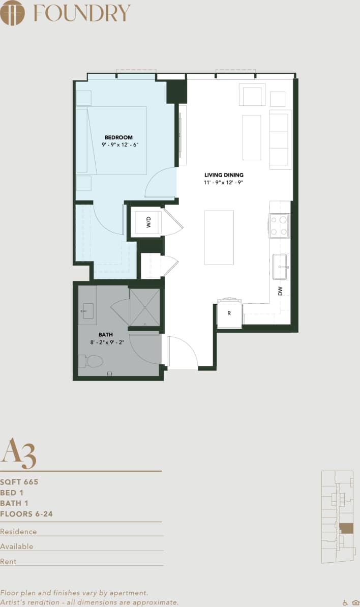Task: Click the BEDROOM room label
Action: [x=118, y=137]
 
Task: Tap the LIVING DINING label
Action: [x=224, y=175]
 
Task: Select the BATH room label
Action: [x=106, y=334]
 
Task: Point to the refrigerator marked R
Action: [x=229, y=314]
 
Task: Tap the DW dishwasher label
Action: [x=280, y=291]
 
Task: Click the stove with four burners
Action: [x=279, y=225]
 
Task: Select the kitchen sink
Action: [x=281, y=267]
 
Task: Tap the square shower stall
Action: [x=144, y=307]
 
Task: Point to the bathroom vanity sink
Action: [x=87, y=310]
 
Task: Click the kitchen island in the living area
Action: [x=219, y=238]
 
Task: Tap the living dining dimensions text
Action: [x=224, y=182]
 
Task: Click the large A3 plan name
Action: [x=18, y=453]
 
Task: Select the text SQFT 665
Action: [x=19, y=482]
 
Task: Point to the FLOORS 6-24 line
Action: [x=26, y=514]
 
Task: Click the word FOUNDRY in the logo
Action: [x=82, y=13]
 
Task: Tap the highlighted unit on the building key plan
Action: [x=346, y=528]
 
